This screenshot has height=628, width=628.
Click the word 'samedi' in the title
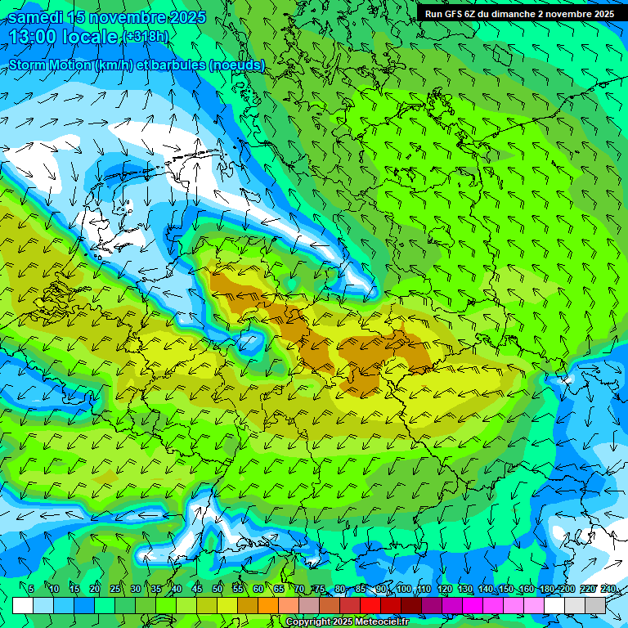pyautogui.click(x=34, y=17)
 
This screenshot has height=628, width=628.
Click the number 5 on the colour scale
pyautogui.click(x=31, y=590)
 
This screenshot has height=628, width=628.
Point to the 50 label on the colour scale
pyautogui.click(x=218, y=590)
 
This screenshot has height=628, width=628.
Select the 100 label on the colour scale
pyautogui.click(x=404, y=590)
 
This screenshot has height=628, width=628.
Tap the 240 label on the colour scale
pyautogui.click(x=608, y=590)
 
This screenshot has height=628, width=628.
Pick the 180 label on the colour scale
pyautogui.click(x=547, y=590)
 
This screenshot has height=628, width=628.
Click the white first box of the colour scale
pyautogui.click(x=23, y=605)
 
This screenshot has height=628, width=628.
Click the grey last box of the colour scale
pyautogui.click(x=595, y=605)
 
